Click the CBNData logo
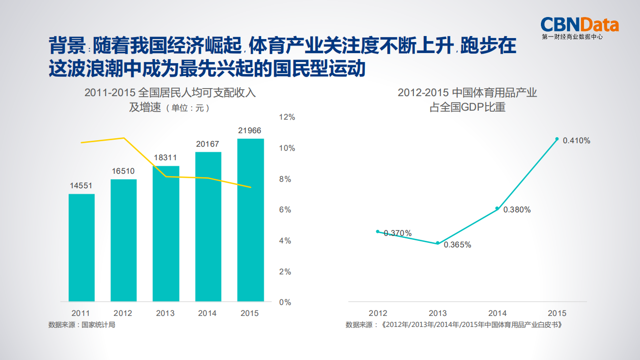(x=579, y=28)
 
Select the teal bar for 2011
(x=82, y=247)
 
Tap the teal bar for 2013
(x=166, y=233)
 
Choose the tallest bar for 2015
(x=250, y=220)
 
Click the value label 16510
(x=123, y=171)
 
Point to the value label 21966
(x=250, y=131)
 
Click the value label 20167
(x=208, y=144)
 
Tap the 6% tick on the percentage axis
(x=285, y=210)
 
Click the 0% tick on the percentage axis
(x=285, y=302)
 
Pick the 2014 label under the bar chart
(x=208, y=313)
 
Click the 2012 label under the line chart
(x=378, y=313)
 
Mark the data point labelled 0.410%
(x=557, y=139)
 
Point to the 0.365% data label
(x=457, y=245)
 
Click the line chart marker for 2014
(x=497, y=208)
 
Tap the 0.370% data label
(x=398, y=233)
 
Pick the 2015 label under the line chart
(x=557, y=313)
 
